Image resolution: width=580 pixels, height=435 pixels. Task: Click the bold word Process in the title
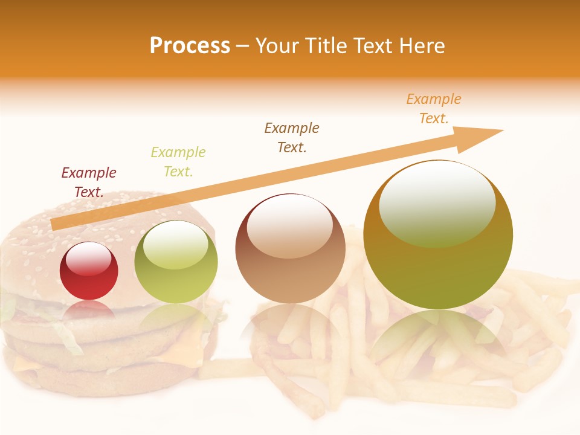click(x=190, y=46)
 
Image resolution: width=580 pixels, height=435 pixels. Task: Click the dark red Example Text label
click(x=89, y=182)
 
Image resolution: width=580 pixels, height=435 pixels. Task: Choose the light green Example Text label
click(x=178, y=161)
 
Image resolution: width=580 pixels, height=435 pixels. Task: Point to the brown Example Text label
click(x=292, y=137)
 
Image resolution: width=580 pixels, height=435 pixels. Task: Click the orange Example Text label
click(x=434, y=109)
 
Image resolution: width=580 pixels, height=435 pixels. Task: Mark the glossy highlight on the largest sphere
click(x=437, y=202)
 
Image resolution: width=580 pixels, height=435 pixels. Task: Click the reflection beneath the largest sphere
click(x=438, y=338)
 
